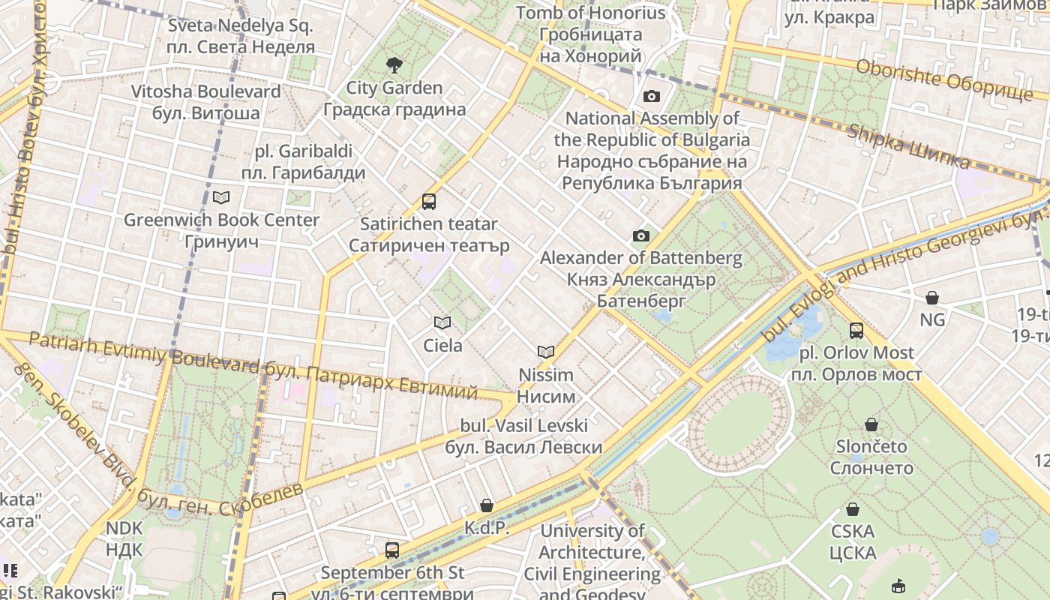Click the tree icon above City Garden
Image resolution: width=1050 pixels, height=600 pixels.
coord(393,65)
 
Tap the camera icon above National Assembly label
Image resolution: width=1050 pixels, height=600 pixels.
coord(651,96)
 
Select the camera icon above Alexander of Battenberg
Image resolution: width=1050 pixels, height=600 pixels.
coord(640,236)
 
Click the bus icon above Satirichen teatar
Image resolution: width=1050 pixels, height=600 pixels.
coord(429,201)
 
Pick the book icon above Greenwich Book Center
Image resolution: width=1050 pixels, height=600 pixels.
coord(221,197)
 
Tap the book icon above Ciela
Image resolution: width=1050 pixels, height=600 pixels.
coord(442,322)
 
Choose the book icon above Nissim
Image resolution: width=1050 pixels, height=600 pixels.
coord(546,351)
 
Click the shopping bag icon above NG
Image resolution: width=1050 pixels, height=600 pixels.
coord(932,298)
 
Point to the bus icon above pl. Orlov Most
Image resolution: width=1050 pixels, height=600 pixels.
coord(856,330)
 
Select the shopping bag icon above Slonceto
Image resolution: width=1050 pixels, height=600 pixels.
coord(871,424)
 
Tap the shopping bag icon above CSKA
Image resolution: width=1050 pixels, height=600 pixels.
coord(853,509)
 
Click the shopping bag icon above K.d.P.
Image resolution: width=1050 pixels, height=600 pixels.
coord(487,505)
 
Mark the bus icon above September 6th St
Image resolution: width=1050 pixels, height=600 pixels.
coord(392,550)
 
